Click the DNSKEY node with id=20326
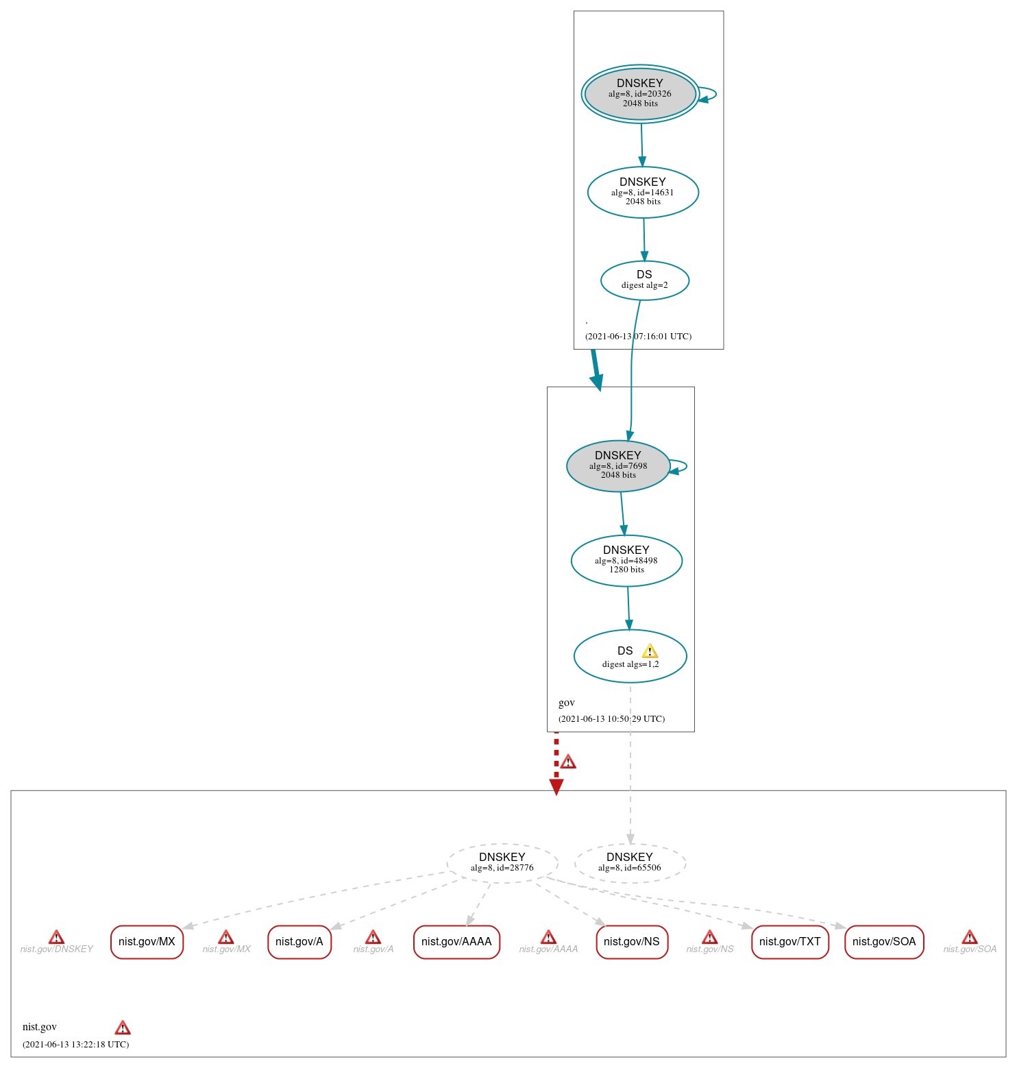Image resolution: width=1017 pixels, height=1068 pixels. click(640, 94)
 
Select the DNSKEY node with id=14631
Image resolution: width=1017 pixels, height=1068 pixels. click(643, 192)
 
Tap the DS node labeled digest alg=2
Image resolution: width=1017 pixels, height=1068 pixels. click(644, 280)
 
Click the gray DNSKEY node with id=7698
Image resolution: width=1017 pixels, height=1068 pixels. click(617, 465)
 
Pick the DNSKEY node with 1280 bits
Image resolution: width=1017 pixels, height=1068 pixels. click(626, 560)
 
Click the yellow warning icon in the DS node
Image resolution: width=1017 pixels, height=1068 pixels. click(650, 651)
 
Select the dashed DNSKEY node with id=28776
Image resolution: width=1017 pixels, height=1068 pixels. click(502, 862)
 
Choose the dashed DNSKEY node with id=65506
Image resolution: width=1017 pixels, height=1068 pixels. click(629, 862)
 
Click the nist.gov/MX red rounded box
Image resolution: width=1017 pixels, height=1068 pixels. click(147, 942)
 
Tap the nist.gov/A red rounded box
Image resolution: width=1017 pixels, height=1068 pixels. click(299, 942)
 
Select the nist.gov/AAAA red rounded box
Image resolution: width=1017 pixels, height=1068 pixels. click(456, 942)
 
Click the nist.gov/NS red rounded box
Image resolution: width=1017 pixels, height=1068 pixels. click(631, 942)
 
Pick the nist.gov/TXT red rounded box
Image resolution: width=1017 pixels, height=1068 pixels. click(789, 942)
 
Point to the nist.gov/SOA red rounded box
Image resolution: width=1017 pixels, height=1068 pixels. click(884, 942)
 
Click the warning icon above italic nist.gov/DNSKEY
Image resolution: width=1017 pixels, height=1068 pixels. click(56, 937)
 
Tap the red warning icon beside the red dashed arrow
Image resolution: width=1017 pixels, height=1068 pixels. click(568, 762)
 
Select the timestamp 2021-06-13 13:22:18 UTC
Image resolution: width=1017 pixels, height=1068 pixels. click(75, 1044)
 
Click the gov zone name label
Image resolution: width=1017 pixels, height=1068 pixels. click(566, 703)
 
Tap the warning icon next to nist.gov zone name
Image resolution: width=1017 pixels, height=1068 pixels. click(122, 1027)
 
